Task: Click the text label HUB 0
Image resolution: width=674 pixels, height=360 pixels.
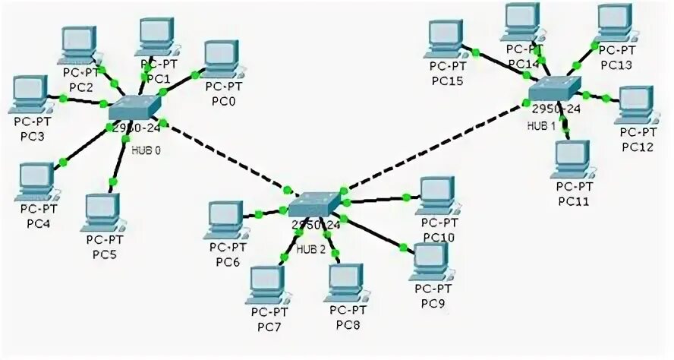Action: point(146,150)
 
